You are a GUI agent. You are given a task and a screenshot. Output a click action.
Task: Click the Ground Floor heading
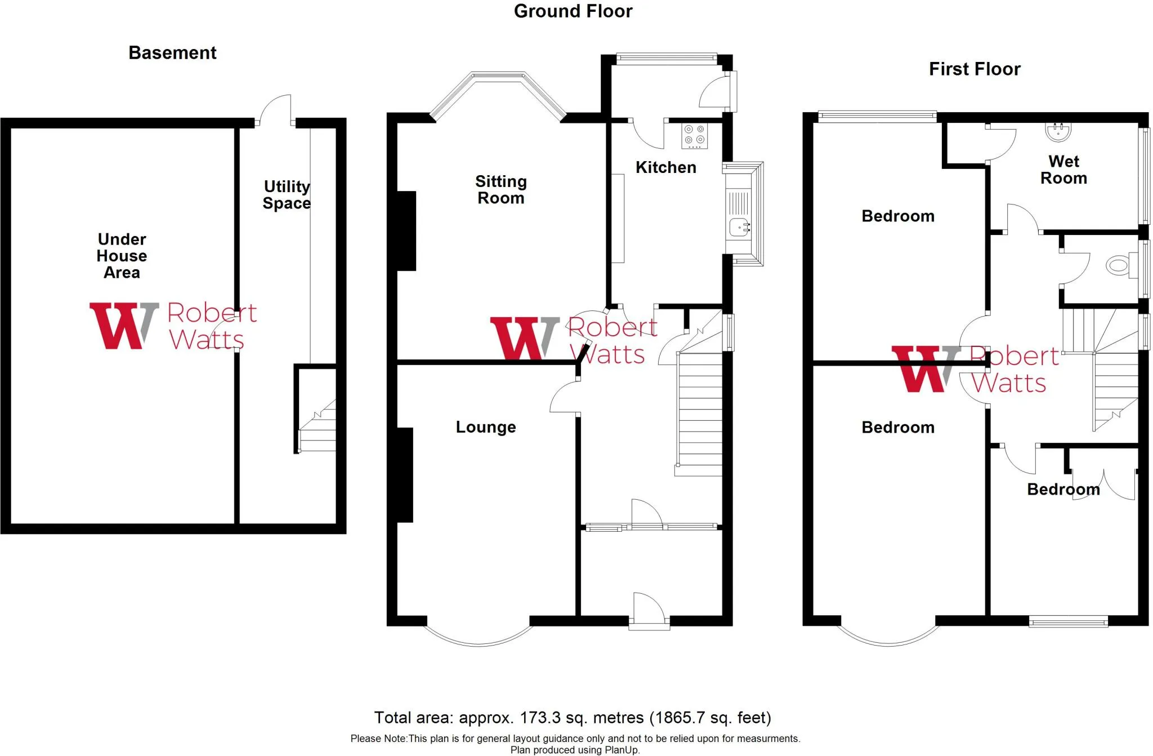[x=573, y=11]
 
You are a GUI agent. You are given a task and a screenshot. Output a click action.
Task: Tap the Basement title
[x=172, y=53]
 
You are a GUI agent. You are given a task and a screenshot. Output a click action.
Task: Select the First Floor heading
[x=974, y=69]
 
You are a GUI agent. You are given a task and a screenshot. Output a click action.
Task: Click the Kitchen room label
[x=665, y=167]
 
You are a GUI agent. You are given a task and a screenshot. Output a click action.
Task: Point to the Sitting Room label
[x=500, y=190]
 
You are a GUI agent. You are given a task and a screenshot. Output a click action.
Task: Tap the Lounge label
[x=485, y=427]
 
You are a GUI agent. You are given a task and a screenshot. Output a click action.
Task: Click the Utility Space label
[x=287, y=195]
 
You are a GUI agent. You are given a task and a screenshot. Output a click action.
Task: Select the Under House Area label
[x=122, y=256]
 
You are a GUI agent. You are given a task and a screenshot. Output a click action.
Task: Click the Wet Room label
[x=1063, y=170]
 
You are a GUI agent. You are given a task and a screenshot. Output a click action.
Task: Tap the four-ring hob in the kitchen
[x=694, y=135]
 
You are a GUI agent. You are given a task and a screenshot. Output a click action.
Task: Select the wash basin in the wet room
[x=1058, y=131]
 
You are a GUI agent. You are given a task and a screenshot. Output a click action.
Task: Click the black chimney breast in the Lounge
[x=405, y=475]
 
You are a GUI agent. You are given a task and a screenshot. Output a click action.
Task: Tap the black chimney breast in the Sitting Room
[x=406, y=230]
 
